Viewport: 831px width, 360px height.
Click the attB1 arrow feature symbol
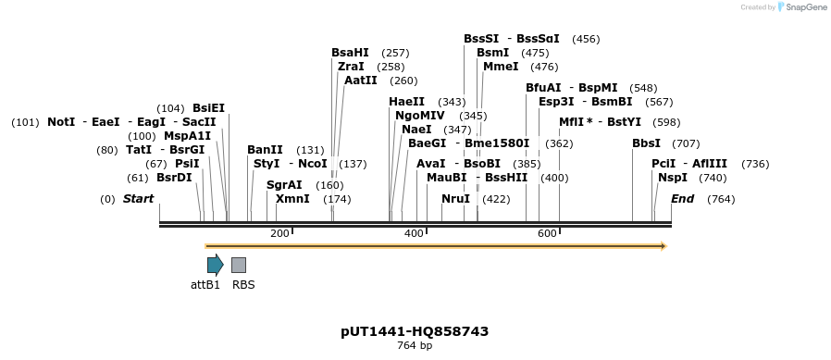215,265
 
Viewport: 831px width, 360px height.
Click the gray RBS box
239,265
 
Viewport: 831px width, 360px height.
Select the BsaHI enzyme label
350,53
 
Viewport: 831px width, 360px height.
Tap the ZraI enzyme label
351,67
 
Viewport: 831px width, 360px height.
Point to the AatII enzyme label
361,81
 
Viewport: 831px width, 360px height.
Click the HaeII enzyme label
407,102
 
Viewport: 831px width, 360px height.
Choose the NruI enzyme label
455,199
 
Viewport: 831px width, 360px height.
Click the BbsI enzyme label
646,143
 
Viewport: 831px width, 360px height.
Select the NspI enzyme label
673,178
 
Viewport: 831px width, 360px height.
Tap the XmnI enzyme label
292,199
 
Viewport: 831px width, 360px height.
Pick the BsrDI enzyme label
174,178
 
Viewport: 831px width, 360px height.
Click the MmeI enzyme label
501,67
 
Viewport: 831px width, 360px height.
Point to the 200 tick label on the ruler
279,233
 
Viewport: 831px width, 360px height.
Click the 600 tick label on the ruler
546,233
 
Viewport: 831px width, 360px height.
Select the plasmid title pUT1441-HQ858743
415,331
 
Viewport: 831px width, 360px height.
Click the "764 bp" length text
415,346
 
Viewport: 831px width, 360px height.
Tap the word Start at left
139,199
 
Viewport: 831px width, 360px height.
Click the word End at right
682,199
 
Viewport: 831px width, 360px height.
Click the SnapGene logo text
805,7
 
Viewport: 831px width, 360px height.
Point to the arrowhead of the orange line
662,246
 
